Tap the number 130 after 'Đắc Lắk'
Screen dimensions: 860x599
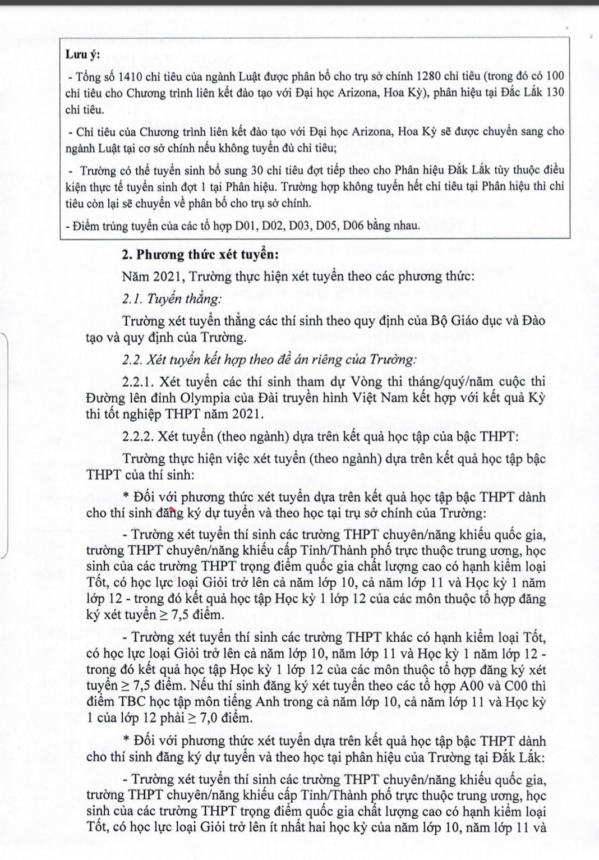pos(555,93)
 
